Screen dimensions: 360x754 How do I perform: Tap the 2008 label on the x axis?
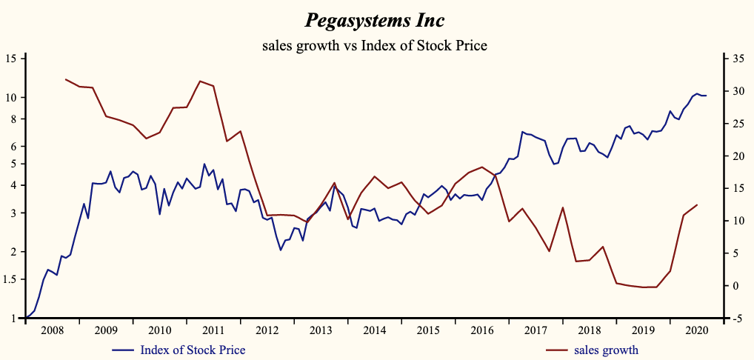coord(53,330)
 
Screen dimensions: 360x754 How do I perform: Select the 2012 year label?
coord(267,330)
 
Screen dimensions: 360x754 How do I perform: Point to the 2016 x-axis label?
coord(481,330)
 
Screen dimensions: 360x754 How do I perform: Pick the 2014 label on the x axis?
coord(374,330)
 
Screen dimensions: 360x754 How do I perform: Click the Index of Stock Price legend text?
coord(193,350)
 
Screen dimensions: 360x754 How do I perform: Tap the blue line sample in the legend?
coord(123,350)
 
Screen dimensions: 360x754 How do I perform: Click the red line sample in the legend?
coord(556,350)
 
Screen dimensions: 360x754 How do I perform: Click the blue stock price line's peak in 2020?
coord(696,93)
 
